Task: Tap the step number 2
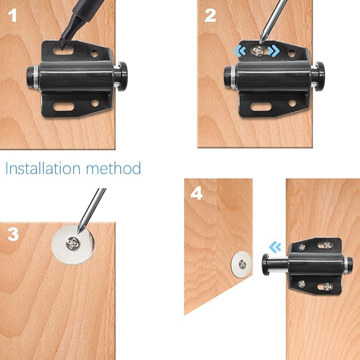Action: tap(210, 15)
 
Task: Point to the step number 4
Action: tap(197, 193)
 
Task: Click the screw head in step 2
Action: tap(258, 50)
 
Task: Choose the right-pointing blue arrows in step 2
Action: tap(274, 51)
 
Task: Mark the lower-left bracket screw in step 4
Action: tap(302, 282)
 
